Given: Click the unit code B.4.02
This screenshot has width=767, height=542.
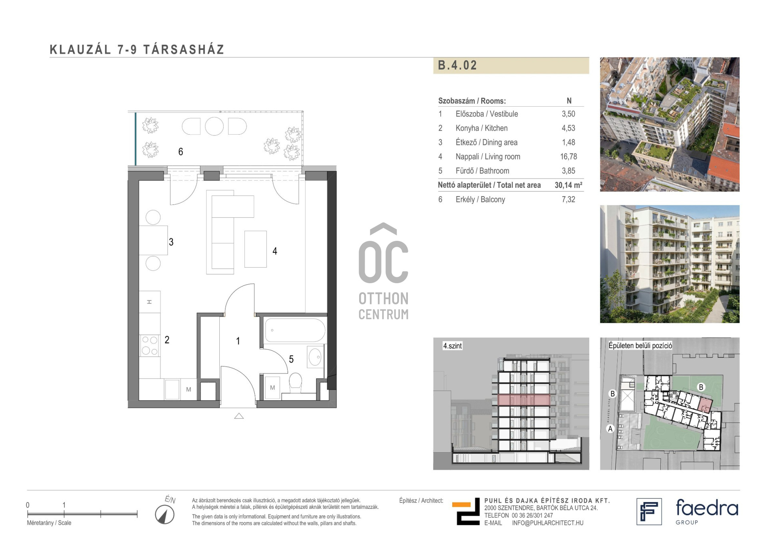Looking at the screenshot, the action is (457, 66).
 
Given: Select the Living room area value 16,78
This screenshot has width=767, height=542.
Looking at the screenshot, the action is (568, 157).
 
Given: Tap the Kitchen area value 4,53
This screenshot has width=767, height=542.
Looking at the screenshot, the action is (568, 128).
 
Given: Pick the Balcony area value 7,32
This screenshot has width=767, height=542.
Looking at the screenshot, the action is (568, 199).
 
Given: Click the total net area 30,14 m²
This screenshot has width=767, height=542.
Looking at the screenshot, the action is (568, 185).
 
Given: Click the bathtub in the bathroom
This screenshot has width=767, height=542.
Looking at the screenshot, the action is (295, 330).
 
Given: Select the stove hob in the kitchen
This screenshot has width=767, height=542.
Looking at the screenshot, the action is (150, 345).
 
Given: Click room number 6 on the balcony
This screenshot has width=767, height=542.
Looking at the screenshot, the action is (181, 152).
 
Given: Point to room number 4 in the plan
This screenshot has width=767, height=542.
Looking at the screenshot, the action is (275, 251).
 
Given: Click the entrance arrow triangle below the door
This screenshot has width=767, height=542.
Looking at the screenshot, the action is (239, 416).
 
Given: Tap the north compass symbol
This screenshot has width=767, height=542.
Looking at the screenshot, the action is (165, 514).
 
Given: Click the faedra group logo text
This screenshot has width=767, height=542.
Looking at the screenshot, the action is (707, 511).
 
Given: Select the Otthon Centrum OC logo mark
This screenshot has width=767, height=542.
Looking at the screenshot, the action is (383, 253).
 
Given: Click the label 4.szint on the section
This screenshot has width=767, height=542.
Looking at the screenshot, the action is (452, 346).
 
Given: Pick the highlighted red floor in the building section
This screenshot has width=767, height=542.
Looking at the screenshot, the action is (524, 400).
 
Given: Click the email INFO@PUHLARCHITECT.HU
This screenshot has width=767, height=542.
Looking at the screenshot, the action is (548, 523).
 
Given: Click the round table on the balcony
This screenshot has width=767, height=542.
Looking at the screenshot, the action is (214, 126).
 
